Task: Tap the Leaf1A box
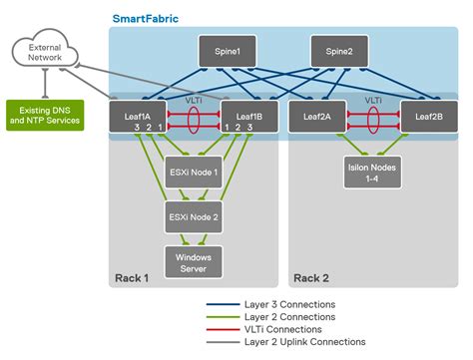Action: (139, 116)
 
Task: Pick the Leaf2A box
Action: (312, 116)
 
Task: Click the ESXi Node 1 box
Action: (193, 173)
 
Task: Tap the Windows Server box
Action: (193, 261)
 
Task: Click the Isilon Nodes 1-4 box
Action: (372, 173)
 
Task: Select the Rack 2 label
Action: (312, 277)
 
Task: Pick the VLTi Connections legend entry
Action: (283, 328)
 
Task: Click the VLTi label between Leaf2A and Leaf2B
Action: (372, 100)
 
